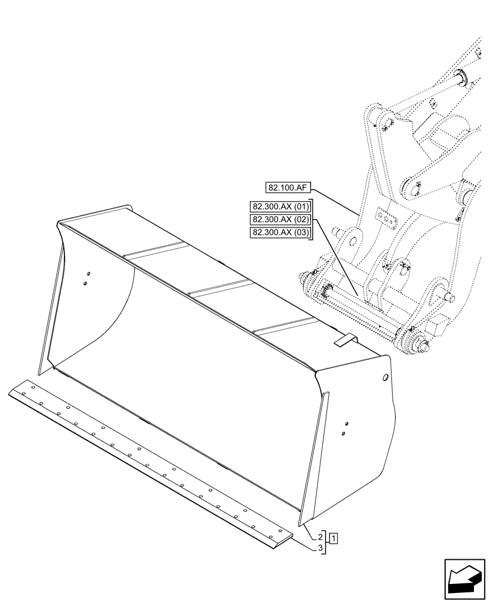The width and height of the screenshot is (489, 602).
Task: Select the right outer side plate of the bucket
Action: coord(361,439)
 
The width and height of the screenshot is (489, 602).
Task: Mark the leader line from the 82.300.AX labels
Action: coord(337,259)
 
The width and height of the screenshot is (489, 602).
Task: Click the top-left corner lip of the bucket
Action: coord(60,226)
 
